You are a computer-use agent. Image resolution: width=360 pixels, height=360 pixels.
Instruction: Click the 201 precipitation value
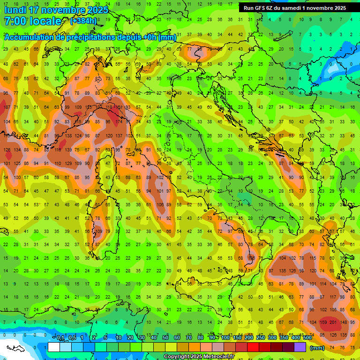coord(333,322)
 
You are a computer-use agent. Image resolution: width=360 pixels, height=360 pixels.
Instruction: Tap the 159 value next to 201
coord(323,322)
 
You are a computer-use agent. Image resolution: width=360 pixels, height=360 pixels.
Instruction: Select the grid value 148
coord(344,322)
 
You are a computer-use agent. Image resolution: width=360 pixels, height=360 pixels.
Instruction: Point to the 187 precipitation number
coord(7,107)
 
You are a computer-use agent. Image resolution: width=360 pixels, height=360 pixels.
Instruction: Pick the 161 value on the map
coord(119,107)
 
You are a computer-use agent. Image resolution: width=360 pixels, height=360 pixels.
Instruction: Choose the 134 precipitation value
coord(18,150)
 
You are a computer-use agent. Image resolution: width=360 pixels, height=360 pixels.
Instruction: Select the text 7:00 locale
coord(33,21)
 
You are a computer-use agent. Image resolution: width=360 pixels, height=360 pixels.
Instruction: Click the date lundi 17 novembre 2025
coord(56,9)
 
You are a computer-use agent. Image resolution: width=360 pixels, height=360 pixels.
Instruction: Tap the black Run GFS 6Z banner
coord(295,8)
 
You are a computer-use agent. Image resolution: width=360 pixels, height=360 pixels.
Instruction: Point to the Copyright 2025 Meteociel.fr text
coord(199,357)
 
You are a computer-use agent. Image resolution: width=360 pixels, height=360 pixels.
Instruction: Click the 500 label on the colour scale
coord(307,338)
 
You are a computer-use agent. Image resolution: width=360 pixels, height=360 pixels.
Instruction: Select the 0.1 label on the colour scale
coord(60,338)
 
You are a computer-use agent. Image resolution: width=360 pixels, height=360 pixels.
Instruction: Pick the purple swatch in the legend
coord(300,347)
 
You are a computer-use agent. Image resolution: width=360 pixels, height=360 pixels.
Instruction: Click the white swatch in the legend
coord(54,347)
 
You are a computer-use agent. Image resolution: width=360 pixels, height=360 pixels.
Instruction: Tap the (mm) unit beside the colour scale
coord(317,348)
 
